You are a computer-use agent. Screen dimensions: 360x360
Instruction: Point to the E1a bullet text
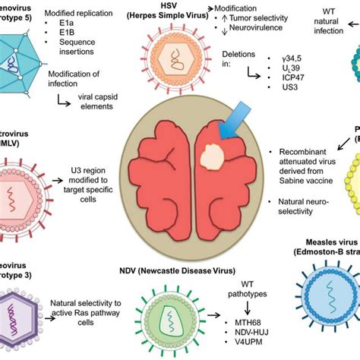click(x=80, y=33)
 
